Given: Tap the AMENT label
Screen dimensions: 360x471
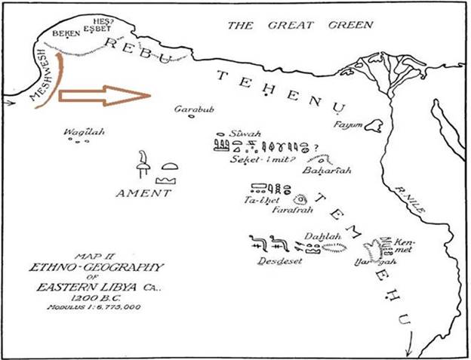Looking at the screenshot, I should [x=143, y=193].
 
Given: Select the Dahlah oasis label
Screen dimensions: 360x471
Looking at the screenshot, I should [x=323, y=236].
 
